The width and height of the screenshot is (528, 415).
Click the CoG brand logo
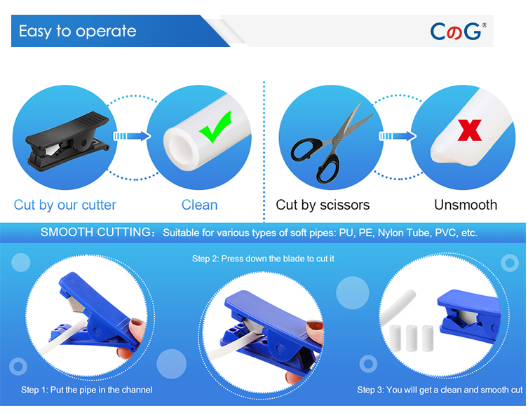(458, 32)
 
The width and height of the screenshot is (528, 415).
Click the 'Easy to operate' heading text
(77, 32)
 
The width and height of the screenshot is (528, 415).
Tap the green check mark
(215, 127)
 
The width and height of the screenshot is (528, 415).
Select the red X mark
(469, 130)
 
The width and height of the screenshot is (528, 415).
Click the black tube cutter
(67, 142)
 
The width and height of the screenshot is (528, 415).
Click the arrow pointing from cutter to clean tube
(132, 136)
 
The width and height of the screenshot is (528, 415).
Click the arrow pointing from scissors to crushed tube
(398, 136)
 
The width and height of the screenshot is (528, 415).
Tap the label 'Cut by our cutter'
(65, 205)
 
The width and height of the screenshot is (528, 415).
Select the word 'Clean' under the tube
(199, 205)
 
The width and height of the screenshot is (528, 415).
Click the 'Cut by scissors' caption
(323, 205)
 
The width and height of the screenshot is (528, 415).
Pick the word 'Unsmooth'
(466, 205)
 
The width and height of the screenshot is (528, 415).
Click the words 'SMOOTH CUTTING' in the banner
(95, 232)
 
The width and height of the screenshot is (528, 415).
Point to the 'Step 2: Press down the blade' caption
(263, 259)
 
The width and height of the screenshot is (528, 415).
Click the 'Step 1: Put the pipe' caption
(86, 390)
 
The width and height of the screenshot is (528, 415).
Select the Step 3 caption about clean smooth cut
(440, 390)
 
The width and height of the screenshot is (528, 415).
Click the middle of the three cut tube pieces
(412, 338)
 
